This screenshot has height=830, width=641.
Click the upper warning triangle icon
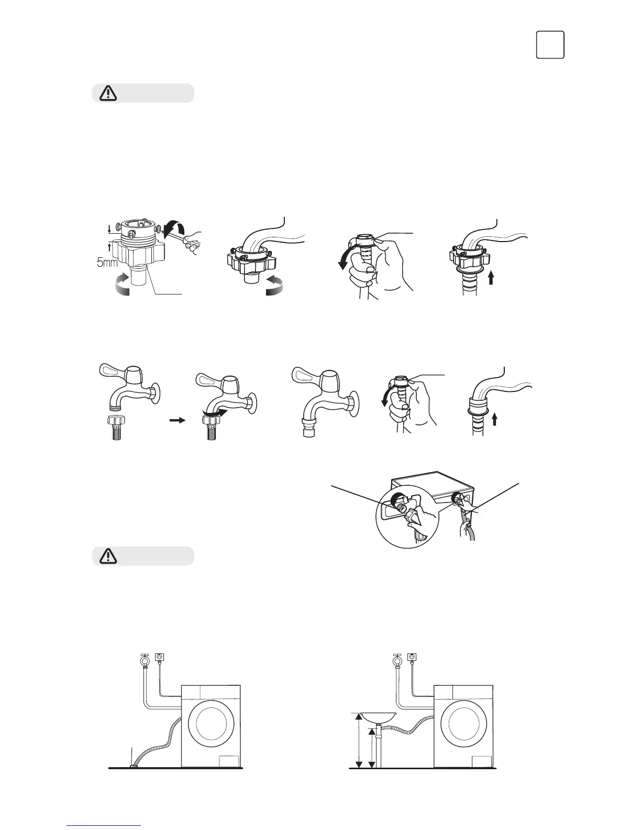coord(107,93)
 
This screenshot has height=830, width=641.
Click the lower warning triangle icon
coord(107,556)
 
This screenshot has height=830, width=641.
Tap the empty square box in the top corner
coord(550,45)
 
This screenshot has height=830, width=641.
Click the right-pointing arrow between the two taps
coord(178,420)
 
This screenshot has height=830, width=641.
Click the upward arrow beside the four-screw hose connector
coord(491,277)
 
